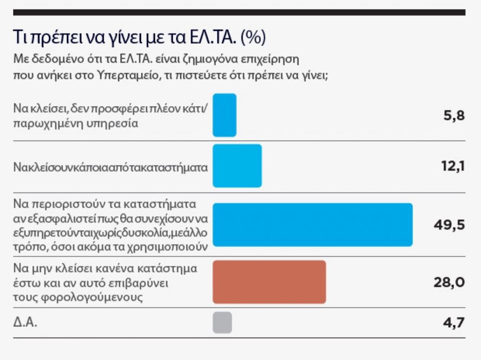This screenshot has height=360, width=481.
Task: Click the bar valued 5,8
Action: point(224,115)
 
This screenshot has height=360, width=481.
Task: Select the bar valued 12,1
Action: point(237,166)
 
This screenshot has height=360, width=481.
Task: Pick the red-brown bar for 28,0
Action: point(269,282)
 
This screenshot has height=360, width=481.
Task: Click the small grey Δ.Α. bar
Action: point(222,322)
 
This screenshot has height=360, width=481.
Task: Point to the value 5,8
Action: point(454,116)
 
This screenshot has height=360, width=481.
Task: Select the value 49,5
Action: point(449,225)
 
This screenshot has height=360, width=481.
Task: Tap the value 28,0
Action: point(449,282)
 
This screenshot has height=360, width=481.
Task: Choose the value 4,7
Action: point(454,322)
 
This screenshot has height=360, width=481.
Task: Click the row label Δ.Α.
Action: point(26,322)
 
